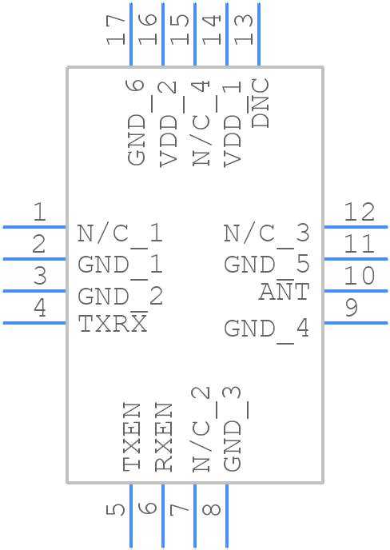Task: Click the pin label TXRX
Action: pyautogui.click(x=113, y=324)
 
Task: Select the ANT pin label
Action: pyautogui.click(x=283, y=293)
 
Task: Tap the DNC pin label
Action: pyautogui.click(x=261, y=103)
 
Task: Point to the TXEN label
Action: pyautogui.click(x=133, y=436)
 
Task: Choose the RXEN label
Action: pyautogui.click(x=164, y=436)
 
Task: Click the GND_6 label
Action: pyautogui.click(x=137, y=122)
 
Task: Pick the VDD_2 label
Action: pyautogui.click(x=168, y=122)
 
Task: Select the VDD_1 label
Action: pyautogui.click(x=233, y=122)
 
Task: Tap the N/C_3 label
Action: pyautogui.click(x=266, y=233)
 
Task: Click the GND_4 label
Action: pyautogui.click(x=266, y=328)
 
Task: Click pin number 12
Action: pyautogui.click(x=359, y=213)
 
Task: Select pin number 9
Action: pyautogui.click(x=351, y=308)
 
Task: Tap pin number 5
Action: pyautogui.click(x=117, y=509)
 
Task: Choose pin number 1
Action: pyautogui.click(x=39, y=213)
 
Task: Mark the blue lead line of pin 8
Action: pyautogui.click(x=227, y=516)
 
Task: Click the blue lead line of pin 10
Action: pyautogui.click(x=356, y=291)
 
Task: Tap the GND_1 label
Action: pyautogui.click(x=120, y=264)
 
